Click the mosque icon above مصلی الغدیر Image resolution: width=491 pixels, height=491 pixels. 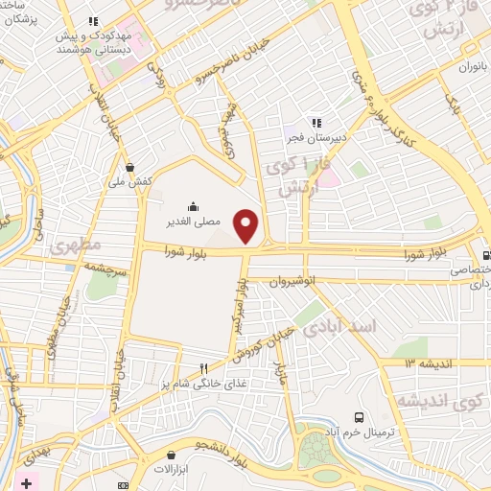click(193, 205)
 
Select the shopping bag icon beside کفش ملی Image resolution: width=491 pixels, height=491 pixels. click(143, 168)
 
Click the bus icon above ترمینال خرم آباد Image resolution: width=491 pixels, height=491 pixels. click(359, 417)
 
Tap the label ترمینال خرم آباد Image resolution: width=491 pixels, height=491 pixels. click(365, 432)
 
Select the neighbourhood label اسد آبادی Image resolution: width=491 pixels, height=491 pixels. click(340, 328)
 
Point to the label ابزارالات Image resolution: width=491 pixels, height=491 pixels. click(174, 470)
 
